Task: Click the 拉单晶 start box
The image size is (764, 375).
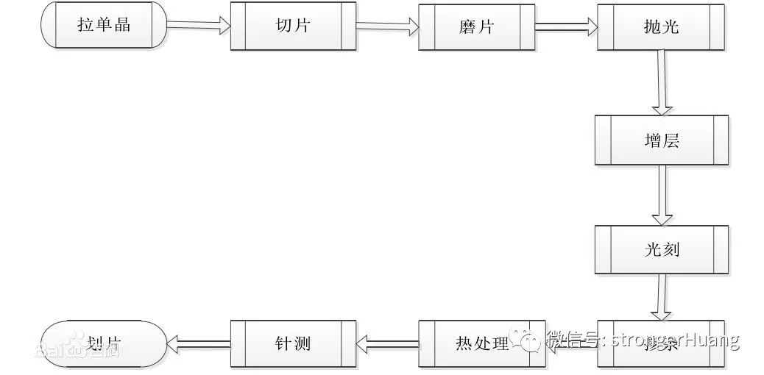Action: [x=104, y=25]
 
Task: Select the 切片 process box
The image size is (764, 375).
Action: [x=292, y=25]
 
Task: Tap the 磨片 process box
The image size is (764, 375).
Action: [x=476, y=26]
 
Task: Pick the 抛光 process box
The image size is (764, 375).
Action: [x=661, y=26]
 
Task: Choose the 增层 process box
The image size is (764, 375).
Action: [x=661, y=140]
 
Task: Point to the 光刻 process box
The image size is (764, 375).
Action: [x=661, y=250]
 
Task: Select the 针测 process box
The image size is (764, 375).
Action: [x=292, y=343]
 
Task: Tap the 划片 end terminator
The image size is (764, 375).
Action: [x=104, y=343]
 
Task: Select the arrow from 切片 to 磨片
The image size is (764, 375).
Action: [x=387, y=26]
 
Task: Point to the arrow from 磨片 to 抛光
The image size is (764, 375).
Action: [x=566, y=26]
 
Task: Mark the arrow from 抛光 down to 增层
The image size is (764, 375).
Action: [x=662, y=82]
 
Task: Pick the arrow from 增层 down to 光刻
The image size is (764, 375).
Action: [x=662, y=195]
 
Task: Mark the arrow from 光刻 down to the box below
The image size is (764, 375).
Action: [x=662, y=298]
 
